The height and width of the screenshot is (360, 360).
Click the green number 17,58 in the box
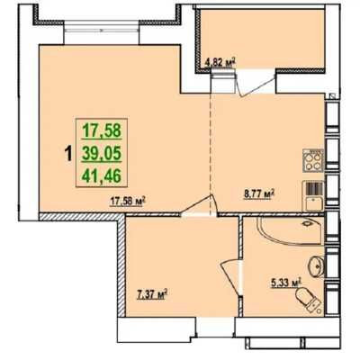pos(102,130)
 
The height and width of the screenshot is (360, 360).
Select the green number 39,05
pos(102,154)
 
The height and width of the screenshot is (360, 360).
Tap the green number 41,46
pos(102,176)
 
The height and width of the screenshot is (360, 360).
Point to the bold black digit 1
pos(68,154)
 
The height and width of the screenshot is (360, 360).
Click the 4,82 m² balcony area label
pos(220,63)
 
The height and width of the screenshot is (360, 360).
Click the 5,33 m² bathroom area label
pos(286,283)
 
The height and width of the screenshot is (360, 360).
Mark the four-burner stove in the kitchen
pos(313,160)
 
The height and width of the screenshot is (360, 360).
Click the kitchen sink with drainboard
pos(313,195)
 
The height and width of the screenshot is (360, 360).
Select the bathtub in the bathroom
pos(291,231)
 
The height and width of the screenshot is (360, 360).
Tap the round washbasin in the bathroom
pos(317,266)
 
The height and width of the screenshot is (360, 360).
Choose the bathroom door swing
pos(232,278)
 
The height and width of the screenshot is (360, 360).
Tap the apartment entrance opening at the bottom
pos(215,327)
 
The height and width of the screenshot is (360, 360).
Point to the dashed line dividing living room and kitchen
pos(211,154)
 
